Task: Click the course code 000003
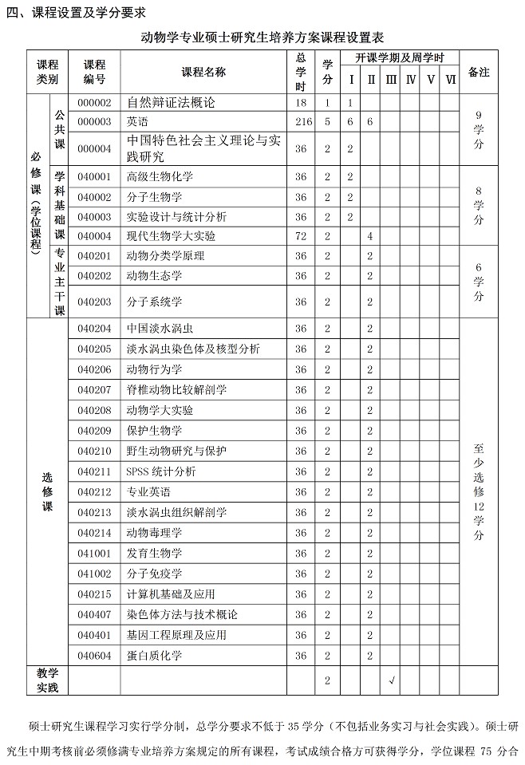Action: click(94, 121)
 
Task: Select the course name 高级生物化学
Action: click(160, 176)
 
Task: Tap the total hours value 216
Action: click(301, 121)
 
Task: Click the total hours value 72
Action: click(301, 236)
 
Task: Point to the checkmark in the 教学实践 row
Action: click(391, 680)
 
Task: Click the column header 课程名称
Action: click(203, 73)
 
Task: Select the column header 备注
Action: click(479, 73)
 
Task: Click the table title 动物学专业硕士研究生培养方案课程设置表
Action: click(262, 37)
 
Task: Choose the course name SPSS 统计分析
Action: click(160, 471)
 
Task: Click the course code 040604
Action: click(94, 655)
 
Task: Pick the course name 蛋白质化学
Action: click(155, 655)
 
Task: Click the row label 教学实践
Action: click(47, 680)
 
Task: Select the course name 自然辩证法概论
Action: click(172, 103)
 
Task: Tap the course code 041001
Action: click(94, 553)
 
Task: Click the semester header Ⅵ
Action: click(451, 81)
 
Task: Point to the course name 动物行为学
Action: click(155, 369)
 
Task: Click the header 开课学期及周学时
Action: click(400, 58)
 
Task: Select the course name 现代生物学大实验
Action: click(172, 236)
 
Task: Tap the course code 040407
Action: click(94, 614)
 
